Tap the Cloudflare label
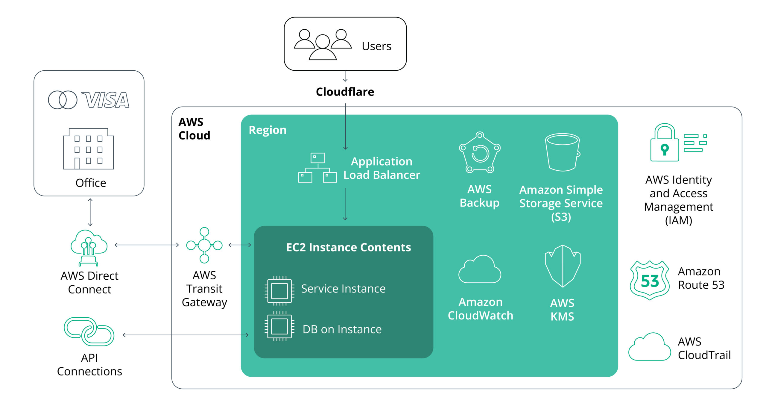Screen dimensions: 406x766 click(345, 92)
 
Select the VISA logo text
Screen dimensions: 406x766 click(105, 100)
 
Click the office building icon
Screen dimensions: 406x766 click(88, 149)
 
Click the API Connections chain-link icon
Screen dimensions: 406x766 click(89, 332)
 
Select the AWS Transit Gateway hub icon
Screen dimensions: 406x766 click(204, 245)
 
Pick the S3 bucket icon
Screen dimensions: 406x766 click(563, 152)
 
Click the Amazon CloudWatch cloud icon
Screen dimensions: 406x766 click(480, 270)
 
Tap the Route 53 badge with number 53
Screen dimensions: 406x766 click(650, 281)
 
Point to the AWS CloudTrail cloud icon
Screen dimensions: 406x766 click(650, 347)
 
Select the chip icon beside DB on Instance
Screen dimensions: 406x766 click(279, 326)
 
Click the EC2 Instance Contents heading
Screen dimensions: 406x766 click(348, 247)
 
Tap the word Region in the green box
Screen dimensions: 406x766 click(268, 130)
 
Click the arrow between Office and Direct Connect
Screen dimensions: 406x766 click(90, 212)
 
